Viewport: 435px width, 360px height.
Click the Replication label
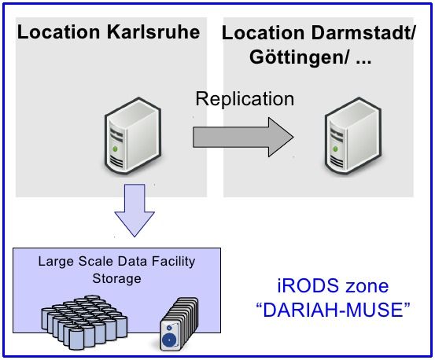point(245,99)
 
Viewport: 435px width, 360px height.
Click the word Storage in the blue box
point(112,277)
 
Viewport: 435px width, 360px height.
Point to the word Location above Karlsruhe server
point(57,33)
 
